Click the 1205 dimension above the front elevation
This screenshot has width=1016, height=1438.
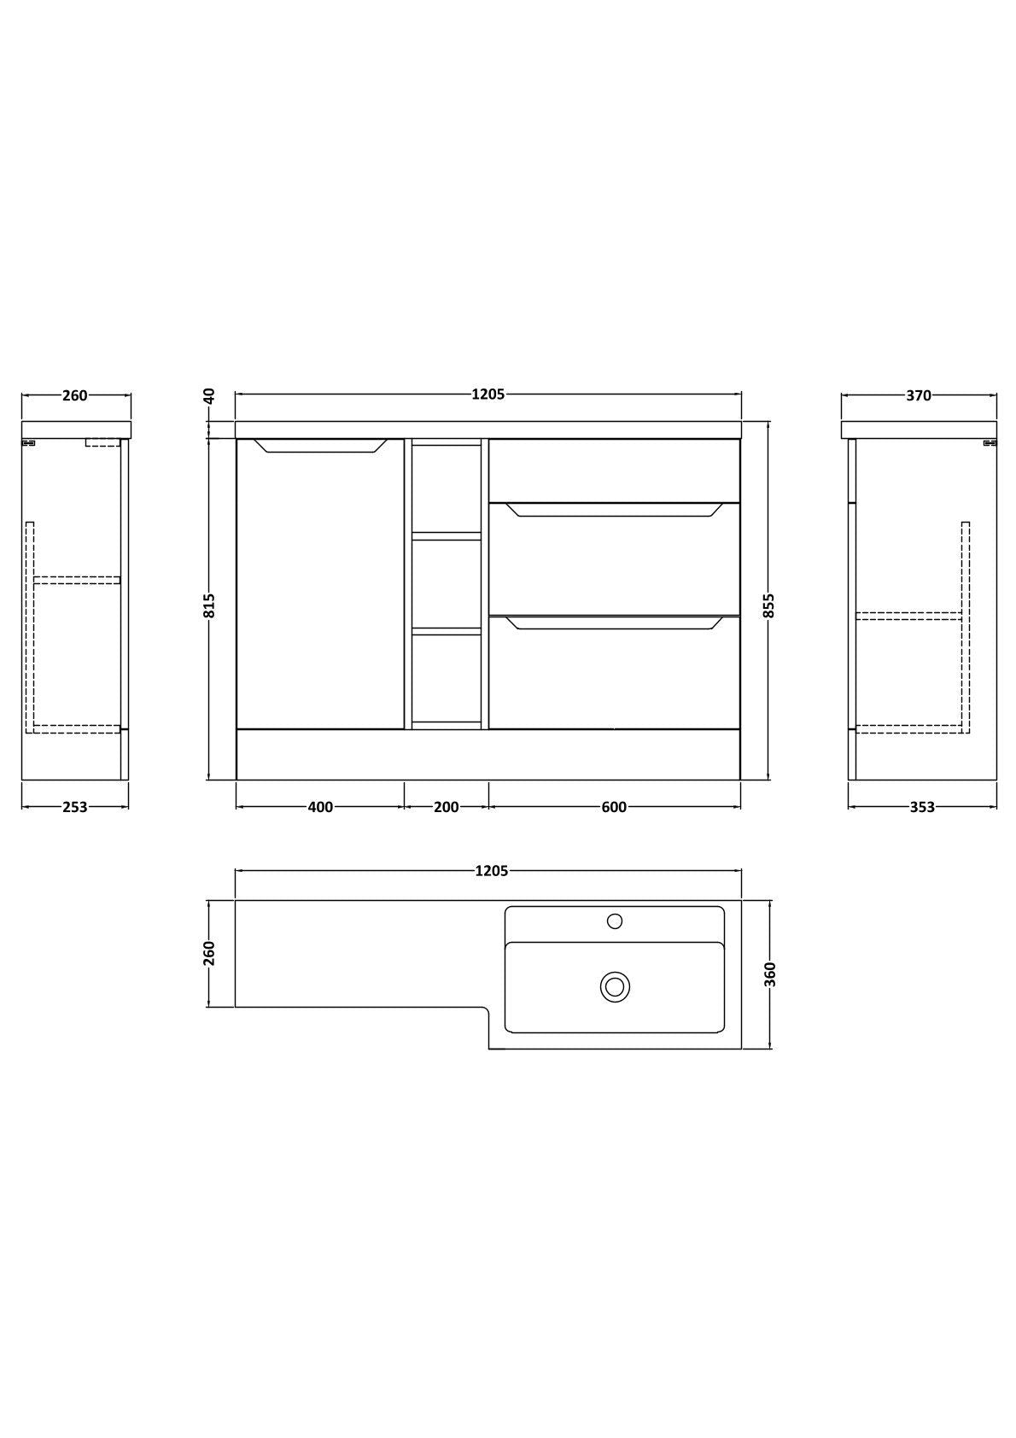488,395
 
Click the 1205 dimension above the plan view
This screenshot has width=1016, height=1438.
491,870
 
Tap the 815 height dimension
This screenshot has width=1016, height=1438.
209,605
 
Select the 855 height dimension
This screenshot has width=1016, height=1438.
769,605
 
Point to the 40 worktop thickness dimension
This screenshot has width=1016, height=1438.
209,396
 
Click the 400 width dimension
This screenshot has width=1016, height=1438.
320,807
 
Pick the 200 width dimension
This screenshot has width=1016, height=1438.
446,807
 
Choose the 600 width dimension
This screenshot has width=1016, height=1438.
614,807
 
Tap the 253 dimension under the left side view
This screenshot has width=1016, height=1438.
74,807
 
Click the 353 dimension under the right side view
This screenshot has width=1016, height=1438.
922,807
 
